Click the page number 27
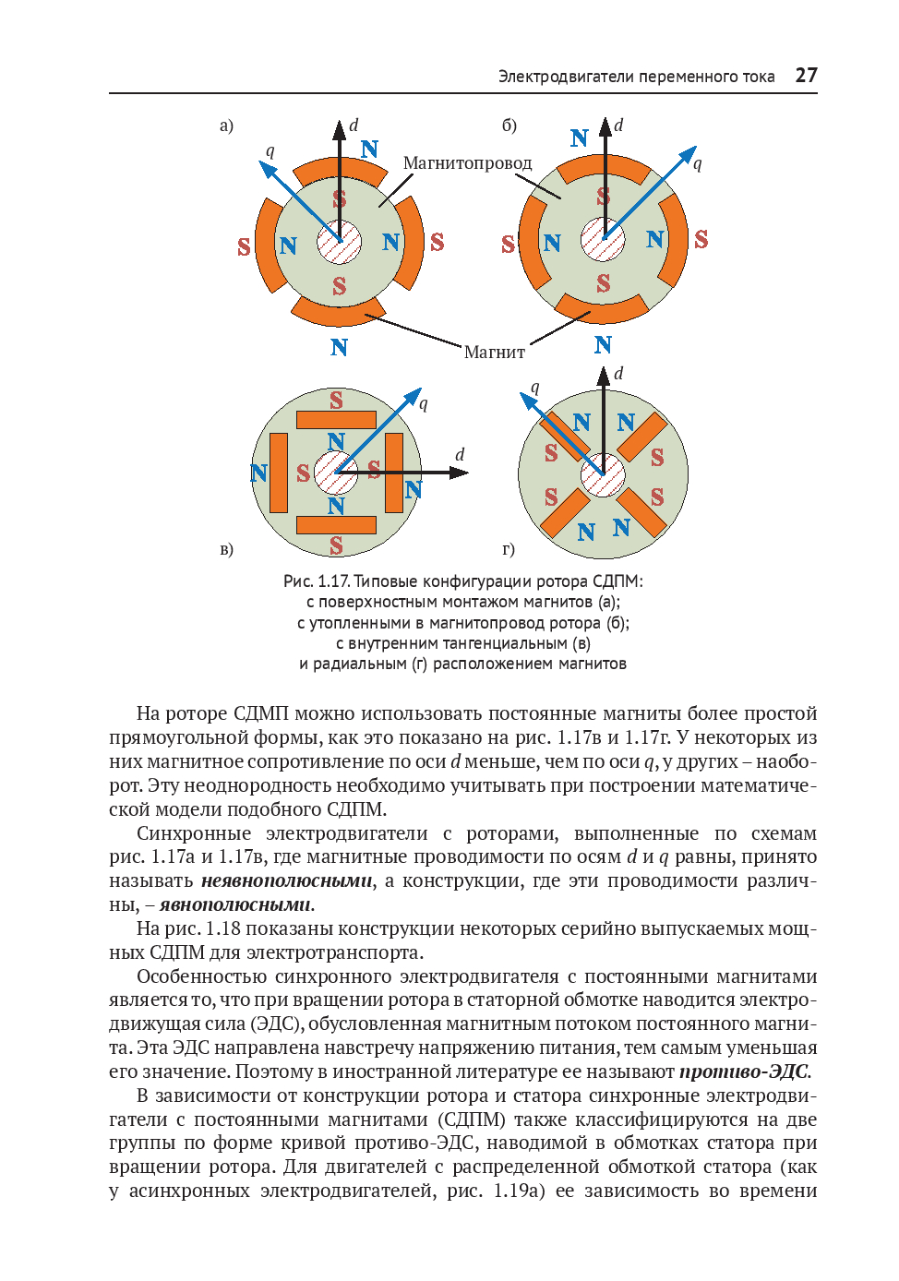coord(806,76)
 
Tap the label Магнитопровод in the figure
coord(467,163)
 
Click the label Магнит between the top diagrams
coord(494,352)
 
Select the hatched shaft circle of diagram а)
coord(340,243)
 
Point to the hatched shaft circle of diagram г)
coord(603,475)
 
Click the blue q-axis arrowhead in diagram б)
coord(687,155)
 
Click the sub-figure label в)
coord(226,549)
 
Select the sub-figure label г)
coord(509,549)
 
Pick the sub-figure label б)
coord(509,126)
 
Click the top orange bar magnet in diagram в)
coord(336,419)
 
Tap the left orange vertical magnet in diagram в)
coord(278,473)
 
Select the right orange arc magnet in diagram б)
coord(675,240)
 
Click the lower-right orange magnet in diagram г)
coord(641,512)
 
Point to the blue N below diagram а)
coord(339,347)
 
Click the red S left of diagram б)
coord(508,245)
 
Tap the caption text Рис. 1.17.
coord(317,581)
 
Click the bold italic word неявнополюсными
coord(287,880)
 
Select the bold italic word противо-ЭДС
coord(744,1071)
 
